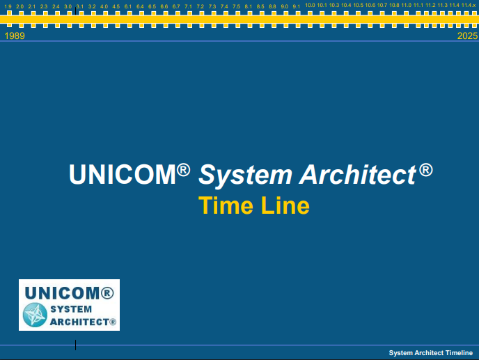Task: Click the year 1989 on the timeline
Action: tap(15, 36)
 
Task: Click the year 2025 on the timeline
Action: tap(467, 36)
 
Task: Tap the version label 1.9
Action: tap(8, 6)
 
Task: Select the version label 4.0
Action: tap(104, 6)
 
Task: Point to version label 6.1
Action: tap(128, 6)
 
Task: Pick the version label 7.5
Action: tap(236, 6)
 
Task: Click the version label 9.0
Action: tap(284, 6)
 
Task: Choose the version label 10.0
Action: tap(310, 6)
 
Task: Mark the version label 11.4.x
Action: tap(469, 6)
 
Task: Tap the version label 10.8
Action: tap(394, 6)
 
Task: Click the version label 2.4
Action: tap(56, 6)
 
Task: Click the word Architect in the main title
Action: tap(358, 175)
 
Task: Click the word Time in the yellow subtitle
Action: tap(221, 206)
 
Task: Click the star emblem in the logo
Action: tap(35, 315)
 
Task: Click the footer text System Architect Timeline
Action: tap(430, 353)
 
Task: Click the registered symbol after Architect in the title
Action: tap(426, 169)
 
